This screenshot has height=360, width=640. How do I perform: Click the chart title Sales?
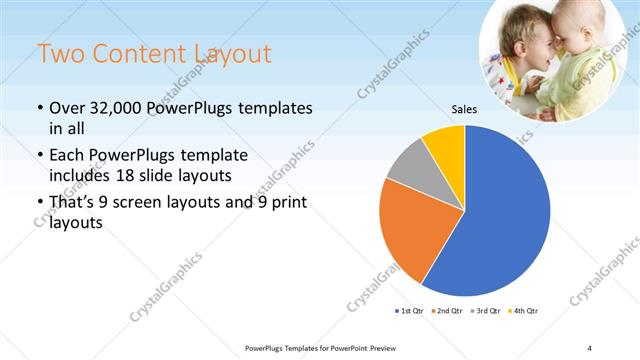click(464, 111)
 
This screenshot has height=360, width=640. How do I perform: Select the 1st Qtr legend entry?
click(409, 312)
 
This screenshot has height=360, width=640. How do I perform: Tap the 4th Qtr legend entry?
click(524, 312)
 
